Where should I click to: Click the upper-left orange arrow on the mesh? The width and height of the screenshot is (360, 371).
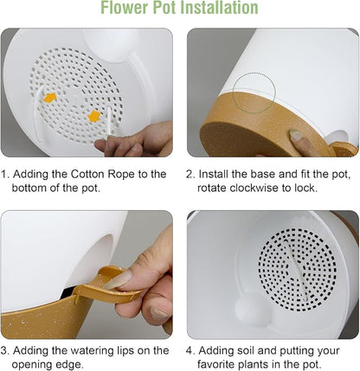click(50, 98)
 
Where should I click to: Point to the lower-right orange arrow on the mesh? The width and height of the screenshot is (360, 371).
click(94, 116)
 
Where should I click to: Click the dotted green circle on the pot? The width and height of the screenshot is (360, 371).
click(254, 93)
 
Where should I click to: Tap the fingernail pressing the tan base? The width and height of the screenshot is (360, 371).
click(296, 135)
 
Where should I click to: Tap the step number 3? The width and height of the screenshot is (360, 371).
click(3, 351)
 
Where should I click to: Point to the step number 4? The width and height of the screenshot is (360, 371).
click(190, 351)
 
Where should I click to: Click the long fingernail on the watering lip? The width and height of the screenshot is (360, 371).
click(118, 279)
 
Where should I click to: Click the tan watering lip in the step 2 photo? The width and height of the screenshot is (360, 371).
click(344, 149)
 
